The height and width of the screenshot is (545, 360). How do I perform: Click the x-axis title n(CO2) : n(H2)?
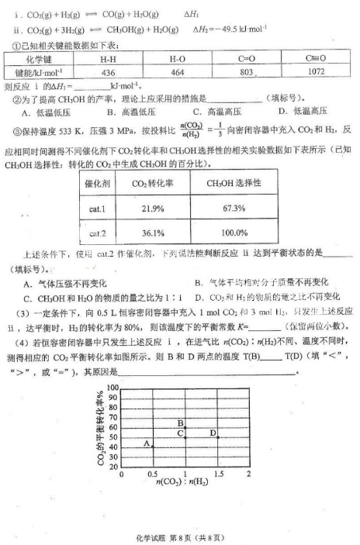(185, 484)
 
